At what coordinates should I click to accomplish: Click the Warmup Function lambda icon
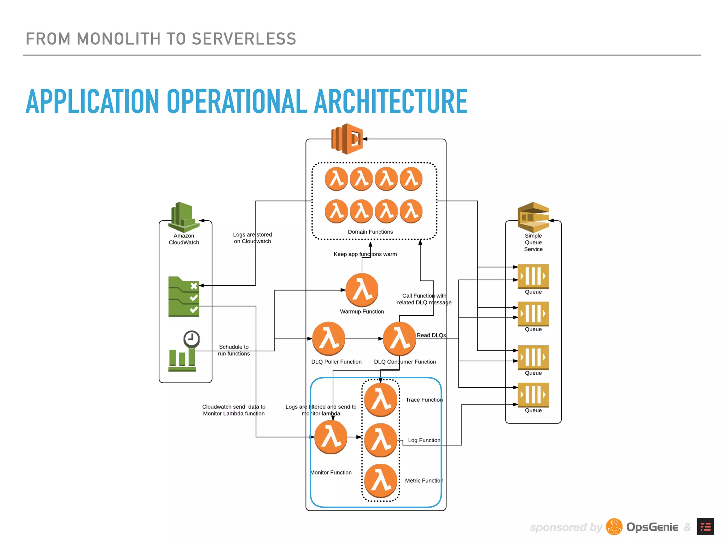click(362, 290)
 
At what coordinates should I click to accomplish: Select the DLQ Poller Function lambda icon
click(329, 339)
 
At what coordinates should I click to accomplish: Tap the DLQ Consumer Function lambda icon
click(399, 339)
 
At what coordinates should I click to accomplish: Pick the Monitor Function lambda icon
click(331, 437)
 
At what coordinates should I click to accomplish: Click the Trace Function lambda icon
click(381, 400)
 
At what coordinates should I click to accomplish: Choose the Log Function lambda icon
click(381, 440)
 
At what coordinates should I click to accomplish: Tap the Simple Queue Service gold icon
click(533, 216)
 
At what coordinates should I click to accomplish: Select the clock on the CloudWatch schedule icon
click(192, 339)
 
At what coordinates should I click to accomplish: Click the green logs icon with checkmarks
click(184, 296)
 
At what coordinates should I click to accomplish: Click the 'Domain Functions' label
click(370, 232)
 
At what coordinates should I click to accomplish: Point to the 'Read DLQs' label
click(431, 335)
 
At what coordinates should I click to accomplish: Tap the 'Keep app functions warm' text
click(365, 254)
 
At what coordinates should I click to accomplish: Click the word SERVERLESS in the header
click(244, 39)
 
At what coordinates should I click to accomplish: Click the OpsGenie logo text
click(652, 527)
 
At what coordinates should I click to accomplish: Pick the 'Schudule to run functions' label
click(234, 350)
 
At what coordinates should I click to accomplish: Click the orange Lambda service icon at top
click(347, 139)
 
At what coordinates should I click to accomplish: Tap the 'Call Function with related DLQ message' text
click(424, 299)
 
